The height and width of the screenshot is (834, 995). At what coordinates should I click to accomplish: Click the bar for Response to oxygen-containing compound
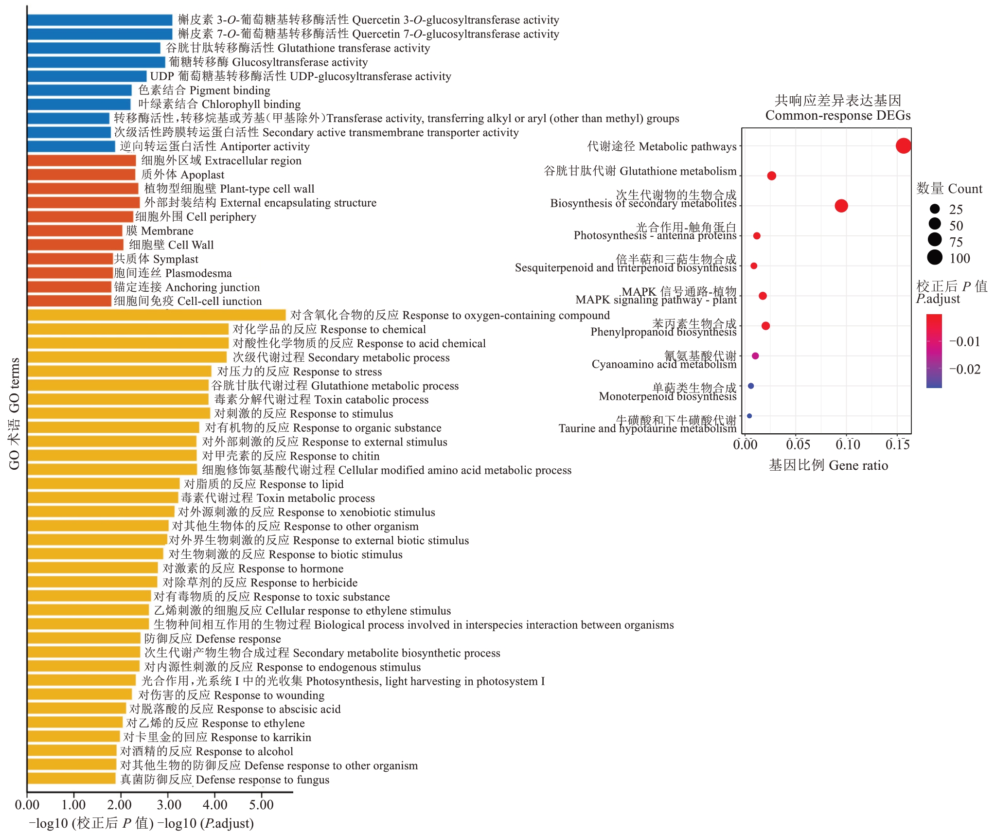point(156,315)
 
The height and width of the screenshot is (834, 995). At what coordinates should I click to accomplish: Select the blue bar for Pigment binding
point(79,90)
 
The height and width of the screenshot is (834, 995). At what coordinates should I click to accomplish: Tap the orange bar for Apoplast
point(81,175)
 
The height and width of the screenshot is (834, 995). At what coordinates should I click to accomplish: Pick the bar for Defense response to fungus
point(71,779)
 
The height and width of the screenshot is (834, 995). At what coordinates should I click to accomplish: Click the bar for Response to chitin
point(112,456)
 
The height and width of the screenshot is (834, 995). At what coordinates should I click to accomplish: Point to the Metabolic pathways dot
point(903,146)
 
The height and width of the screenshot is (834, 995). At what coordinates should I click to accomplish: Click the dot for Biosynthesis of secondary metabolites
point(841,206)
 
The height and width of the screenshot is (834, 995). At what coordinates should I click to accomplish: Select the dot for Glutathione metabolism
point(771,176)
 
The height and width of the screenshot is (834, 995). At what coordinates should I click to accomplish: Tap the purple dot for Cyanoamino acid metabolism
point(755,356)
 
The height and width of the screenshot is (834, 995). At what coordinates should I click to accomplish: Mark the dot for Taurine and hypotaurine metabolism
point(749,416)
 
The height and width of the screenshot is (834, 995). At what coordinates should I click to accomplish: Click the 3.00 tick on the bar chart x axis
point(167,805)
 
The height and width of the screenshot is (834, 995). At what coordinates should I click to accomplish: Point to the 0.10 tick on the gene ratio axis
point(847,444)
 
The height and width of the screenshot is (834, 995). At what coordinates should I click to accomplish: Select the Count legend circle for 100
point(935,257)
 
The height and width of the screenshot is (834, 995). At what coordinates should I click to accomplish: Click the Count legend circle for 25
point(935,209)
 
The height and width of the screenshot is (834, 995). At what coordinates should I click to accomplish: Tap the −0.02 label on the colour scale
point(965,369)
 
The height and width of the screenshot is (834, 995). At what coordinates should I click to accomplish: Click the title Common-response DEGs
point(837,115)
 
